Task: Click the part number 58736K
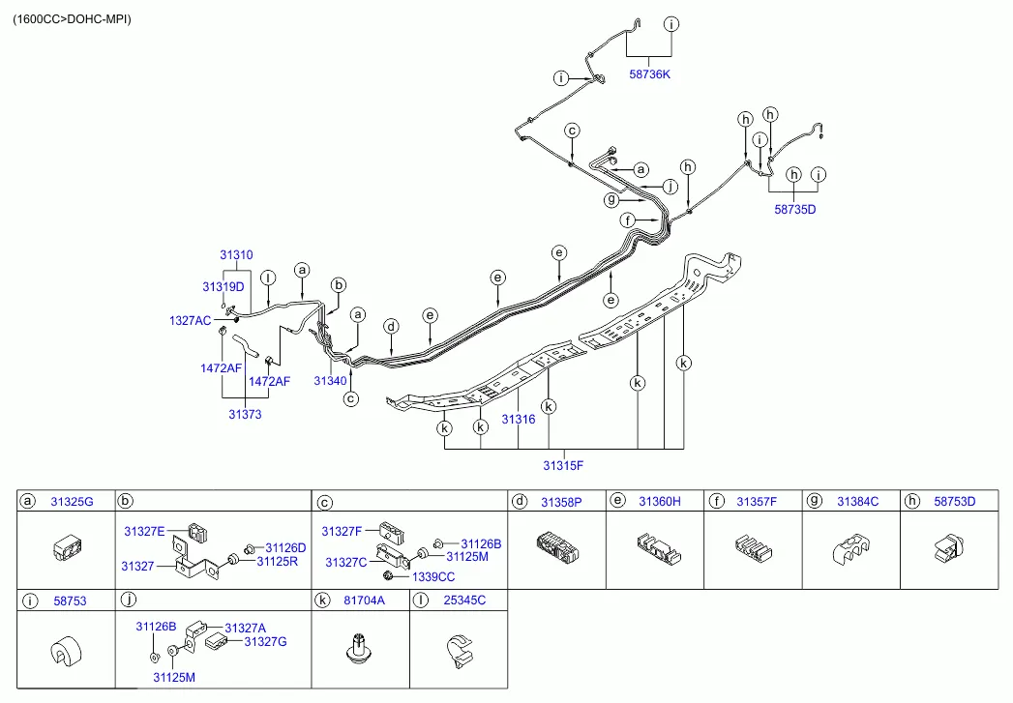pyautogui.click(x=649, y=74)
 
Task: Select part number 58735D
pyautogui.click(x=794, y=209)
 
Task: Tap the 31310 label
pyautogui.click(x=236, y=255)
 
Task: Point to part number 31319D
pyautogui.click(x=223, y=286)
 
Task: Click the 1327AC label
pyautogui.click(x=190, y=321)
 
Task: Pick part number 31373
pyautogui.click(x=245, y=415)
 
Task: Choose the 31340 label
pyautogui.click(x=330, y=381)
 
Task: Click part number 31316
pyautogui.click(x=519, y=420)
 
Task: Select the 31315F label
pyautogui.click(x=563, y=465)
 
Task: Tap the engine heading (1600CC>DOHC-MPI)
pyautogui.click(x=72, y=19)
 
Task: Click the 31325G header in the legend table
pyautogui.click(x=72, y=502)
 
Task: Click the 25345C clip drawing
pyautogui.click(x=460, y=651)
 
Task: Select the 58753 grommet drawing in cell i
pyautogui.click(x=66, y=652)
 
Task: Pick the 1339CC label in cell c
pyautogui.click(x=433, y=577)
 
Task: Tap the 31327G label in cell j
pyautogui.click(x=265, y=642)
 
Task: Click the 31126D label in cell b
pyautogui.click(x=285, y=548)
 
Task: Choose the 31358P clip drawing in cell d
pyautogui.click(x=557, y=547)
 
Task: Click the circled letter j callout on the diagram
pyautogui.click(x=670, y=187)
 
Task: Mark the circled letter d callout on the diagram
pyautogui.click(x=391, y=327)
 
